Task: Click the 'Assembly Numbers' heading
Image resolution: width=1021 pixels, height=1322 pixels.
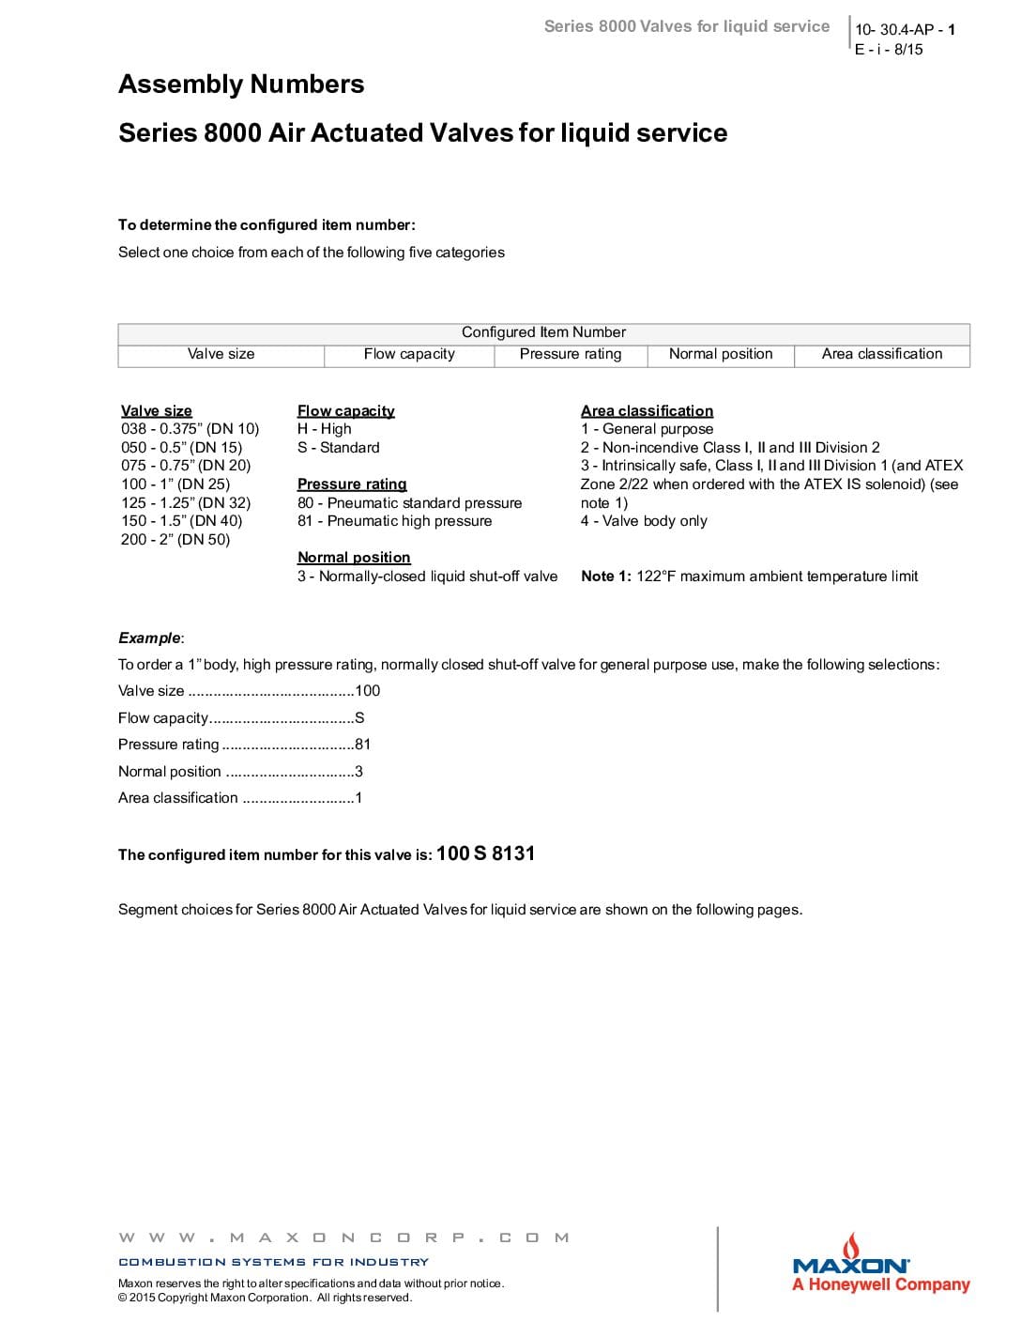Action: pyautogui.click(x=241, y=85)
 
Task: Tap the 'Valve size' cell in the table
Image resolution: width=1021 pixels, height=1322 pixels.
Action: pyautogui.click(x=221, y=354)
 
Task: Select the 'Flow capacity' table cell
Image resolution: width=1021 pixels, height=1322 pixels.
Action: pyautogui.click(x=409, y=354)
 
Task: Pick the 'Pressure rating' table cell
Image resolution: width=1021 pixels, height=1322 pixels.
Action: pyautogui.click(x=571, y=354)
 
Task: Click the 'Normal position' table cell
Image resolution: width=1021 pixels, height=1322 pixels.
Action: pyautogui.click(x=721, y=354)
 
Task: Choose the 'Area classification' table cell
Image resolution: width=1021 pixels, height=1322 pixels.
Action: pyautogui.click(x=882, y=354)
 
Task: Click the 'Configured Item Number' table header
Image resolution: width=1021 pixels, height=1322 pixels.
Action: pyautogui.click(x=543, y=332)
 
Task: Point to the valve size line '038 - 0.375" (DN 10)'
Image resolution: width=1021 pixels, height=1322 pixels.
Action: pyautogui.click(x=190, y=429)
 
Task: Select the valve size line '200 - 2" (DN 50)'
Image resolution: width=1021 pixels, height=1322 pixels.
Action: pyautogui.click(x=175, y=539)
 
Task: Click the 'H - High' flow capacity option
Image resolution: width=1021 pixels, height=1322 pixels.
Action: pyautogui.click(x=325, y=429)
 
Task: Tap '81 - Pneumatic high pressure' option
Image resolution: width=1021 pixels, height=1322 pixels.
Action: pyautogui.click(x=394, y=521)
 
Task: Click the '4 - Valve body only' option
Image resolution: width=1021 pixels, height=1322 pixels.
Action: pyautogui.click(x=644, y=521)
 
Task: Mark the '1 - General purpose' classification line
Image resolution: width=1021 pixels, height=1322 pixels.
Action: pyautogui.click(x=647, y=429)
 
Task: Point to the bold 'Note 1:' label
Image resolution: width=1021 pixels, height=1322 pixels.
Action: pyautogui.click(x=606, y=576)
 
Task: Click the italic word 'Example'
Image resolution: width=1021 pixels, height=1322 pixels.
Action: pyautogui.click(x=149, y=638)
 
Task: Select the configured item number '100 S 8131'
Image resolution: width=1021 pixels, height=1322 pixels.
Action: pyautogui.click(x=485, y=853)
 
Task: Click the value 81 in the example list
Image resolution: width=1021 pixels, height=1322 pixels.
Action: pyautogui.click(x=363, y=745)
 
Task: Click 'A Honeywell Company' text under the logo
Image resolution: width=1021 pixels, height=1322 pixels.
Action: pyautogui.click(x=880, y=1284)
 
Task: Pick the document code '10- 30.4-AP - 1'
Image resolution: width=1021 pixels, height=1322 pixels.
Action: pyautogui.click(x=905, y=30)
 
